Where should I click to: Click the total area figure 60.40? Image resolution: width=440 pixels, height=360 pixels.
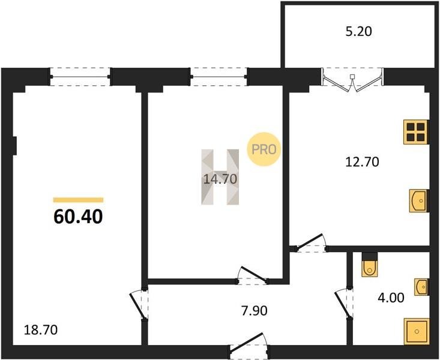click(78, 217)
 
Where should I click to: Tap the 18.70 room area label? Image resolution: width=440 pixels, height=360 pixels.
click(41, 329)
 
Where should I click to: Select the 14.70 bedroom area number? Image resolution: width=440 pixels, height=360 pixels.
click(220, 179)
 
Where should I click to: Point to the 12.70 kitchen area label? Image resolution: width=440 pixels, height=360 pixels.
click(362, 162)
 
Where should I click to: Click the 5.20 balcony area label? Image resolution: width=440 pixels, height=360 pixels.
click(358, 31)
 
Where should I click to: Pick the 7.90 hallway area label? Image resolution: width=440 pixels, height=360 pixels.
click(255, 311)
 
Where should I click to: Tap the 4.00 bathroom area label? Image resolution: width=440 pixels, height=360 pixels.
click(391, 298)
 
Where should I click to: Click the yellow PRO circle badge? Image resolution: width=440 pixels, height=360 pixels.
click(264, 149)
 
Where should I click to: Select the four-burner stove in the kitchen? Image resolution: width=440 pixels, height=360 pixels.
click(416, 132)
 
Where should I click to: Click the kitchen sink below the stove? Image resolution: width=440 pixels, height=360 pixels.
click(418, 200)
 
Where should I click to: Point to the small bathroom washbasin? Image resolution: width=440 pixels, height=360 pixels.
click(421, 287)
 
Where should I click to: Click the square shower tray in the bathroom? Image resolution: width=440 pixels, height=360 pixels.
click(417, 331)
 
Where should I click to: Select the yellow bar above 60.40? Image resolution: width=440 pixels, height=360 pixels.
click(78, 200)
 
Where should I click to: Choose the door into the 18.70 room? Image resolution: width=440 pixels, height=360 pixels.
click(140, 304)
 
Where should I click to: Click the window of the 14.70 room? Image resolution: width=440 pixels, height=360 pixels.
click(218, 76)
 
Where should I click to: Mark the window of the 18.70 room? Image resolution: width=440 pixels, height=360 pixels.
click(80, 76)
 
